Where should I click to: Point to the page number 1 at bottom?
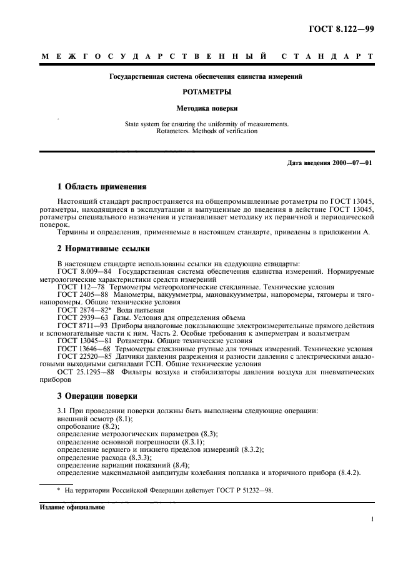(x=372, y=519)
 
